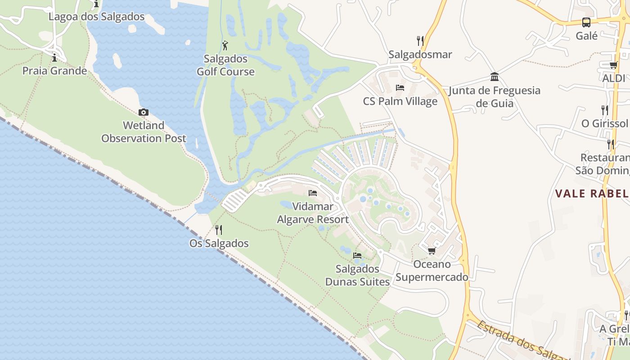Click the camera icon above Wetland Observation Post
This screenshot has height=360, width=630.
pyautogui.click(x=144, y=112)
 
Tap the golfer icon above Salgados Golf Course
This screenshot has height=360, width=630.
pyautogui.click(x=225, y=45)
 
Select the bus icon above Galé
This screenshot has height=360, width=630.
pyautogui.click(x=586, y=22)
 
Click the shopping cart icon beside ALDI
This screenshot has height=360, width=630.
pyautogui.click(x=613, y=65)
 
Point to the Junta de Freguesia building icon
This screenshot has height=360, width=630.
pyautogui.click(x=495, y=77)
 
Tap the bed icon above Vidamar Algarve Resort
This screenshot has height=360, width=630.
pyautogui.click(x=313, y=193)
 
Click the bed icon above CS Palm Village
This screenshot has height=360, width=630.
pyautogui.click(x=400, y=88)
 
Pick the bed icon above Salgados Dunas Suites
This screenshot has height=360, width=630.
pyautogui.click(x=357, y=256)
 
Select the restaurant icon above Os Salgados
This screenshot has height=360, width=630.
pyautogui.click(x=219, y=230)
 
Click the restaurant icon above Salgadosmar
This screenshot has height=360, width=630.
pyautogui.click(x=420, y=41)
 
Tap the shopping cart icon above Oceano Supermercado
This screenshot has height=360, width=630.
pyautogui.click(x=432, y=251)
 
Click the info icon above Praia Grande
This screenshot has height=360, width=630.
pyautogui.click(x=54, y=58)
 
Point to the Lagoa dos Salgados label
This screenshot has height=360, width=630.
pyautogui.click(x=96, y=17)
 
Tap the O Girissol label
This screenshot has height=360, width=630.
pyautogui.click(x=604, y=123)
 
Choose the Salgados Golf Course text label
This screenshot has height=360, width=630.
pyautogui.click(x=225, y=65)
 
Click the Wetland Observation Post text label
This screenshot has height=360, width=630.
pyautogui.click(x=144, y=132)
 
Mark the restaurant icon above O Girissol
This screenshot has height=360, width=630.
pyautogui.click(x=604, y=110)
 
